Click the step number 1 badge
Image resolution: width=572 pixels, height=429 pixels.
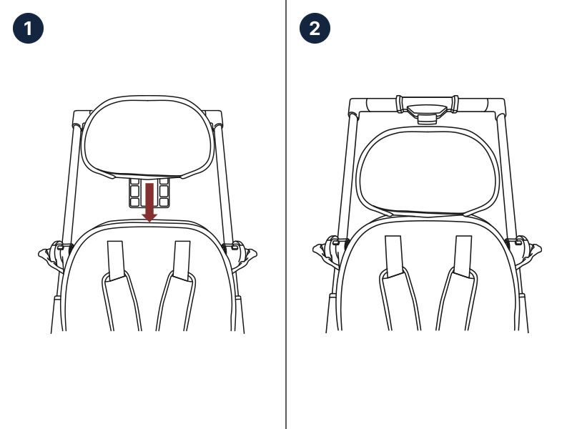[x=28, y=29]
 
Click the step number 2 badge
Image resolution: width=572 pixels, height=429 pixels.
[x=315, y=29]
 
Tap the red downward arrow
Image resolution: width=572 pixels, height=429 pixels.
[x=149, y=202]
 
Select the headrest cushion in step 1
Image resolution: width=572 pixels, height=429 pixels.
[x=148, y=137]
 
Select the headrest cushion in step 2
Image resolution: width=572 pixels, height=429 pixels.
[x=428, y=171]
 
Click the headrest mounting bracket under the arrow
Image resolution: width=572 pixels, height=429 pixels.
[x=149, y=192]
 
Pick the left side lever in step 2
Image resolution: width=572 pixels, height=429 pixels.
[x=328, y=250]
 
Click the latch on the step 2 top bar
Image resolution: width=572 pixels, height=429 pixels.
[x=427, y=113]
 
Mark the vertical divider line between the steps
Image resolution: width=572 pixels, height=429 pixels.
[x=286, y=214]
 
